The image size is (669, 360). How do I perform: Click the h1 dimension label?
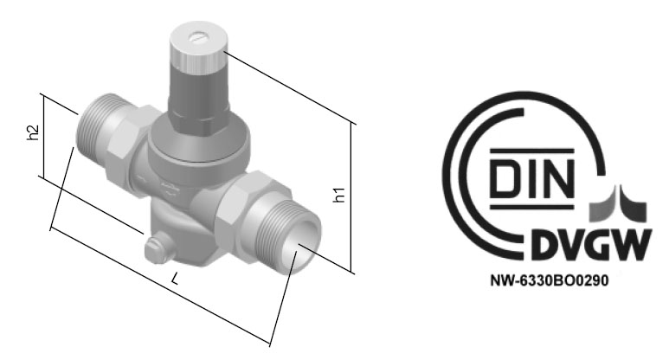coord(339,195)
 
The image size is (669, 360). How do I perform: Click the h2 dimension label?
coord(33,132)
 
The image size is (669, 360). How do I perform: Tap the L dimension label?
coord(175,279)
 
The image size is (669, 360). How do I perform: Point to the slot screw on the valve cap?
coord(198,38)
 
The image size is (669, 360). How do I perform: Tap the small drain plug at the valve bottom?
coord(154,249)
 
